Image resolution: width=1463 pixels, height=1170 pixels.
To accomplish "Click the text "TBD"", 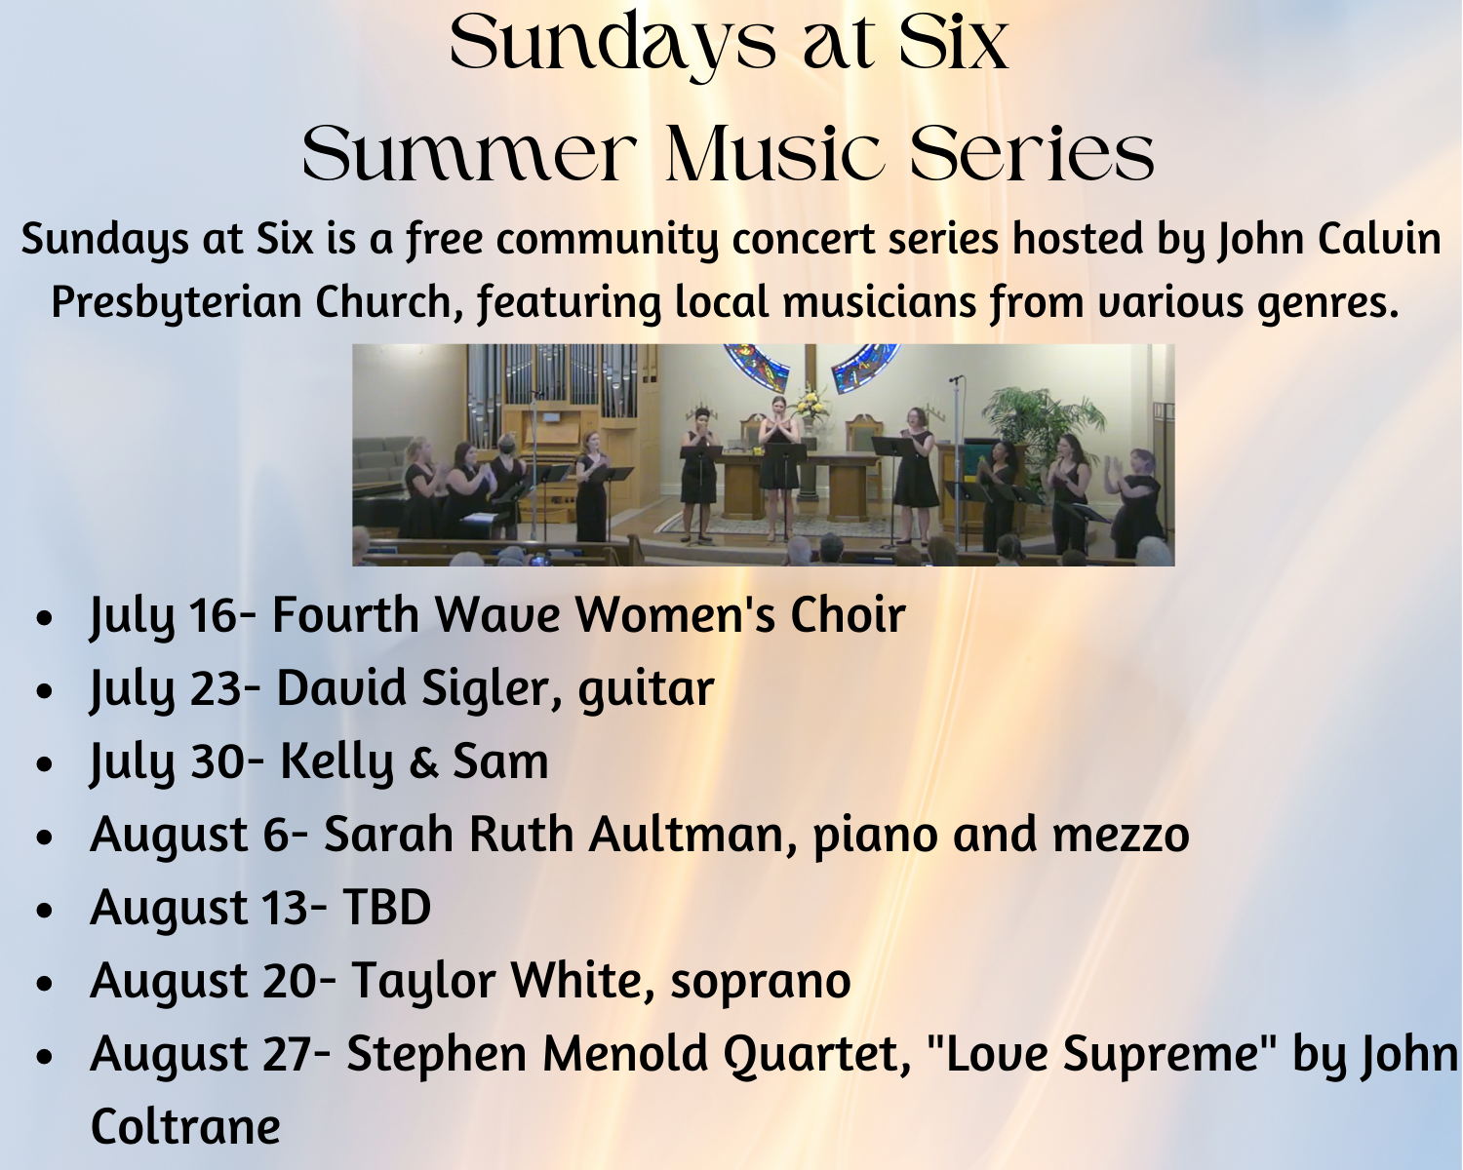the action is pos(387,907).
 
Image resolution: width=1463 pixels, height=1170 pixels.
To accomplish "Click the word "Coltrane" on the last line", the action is pos(185,1127).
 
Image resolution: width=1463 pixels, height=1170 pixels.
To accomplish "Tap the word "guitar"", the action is pos(647,689).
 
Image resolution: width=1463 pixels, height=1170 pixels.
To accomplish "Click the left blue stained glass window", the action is pos(756,365).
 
